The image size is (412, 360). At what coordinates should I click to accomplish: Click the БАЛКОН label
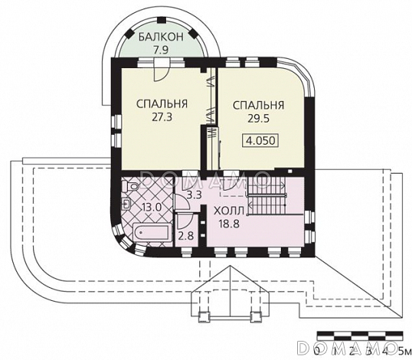[x=161, y=37]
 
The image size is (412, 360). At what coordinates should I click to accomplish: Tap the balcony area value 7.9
[x=161, y=50]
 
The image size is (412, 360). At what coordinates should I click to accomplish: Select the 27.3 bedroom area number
[x=162, y=117]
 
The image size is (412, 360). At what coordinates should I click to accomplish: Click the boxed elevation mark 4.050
[x=260, y=140]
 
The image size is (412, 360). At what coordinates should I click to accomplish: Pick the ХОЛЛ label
[x=229, y=211]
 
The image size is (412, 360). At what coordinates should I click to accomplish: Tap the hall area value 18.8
[x=229, y=224]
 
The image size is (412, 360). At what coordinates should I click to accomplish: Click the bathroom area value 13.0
[x=151, y=207]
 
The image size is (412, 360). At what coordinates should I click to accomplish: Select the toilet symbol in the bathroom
[x=132, y=187]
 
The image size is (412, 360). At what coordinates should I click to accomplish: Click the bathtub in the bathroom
[x=152, y=232]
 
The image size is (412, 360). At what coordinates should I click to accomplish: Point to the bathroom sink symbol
[x=126, y=204]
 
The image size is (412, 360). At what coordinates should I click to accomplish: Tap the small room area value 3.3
[x=194, y=195]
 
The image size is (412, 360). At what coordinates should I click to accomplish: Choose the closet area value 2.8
[x=186, y=236]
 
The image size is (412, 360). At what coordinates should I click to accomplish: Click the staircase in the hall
[x=266, y=196]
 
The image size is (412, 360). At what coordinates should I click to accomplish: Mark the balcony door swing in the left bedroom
[x=161, y=70]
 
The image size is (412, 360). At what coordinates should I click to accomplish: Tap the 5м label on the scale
[x=405, y=351]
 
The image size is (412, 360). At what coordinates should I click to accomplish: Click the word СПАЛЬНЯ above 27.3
[x=162, y=104]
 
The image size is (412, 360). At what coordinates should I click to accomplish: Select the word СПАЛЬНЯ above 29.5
[x=259, y=105]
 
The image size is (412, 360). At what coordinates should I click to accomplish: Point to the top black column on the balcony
[x=161, y=20]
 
